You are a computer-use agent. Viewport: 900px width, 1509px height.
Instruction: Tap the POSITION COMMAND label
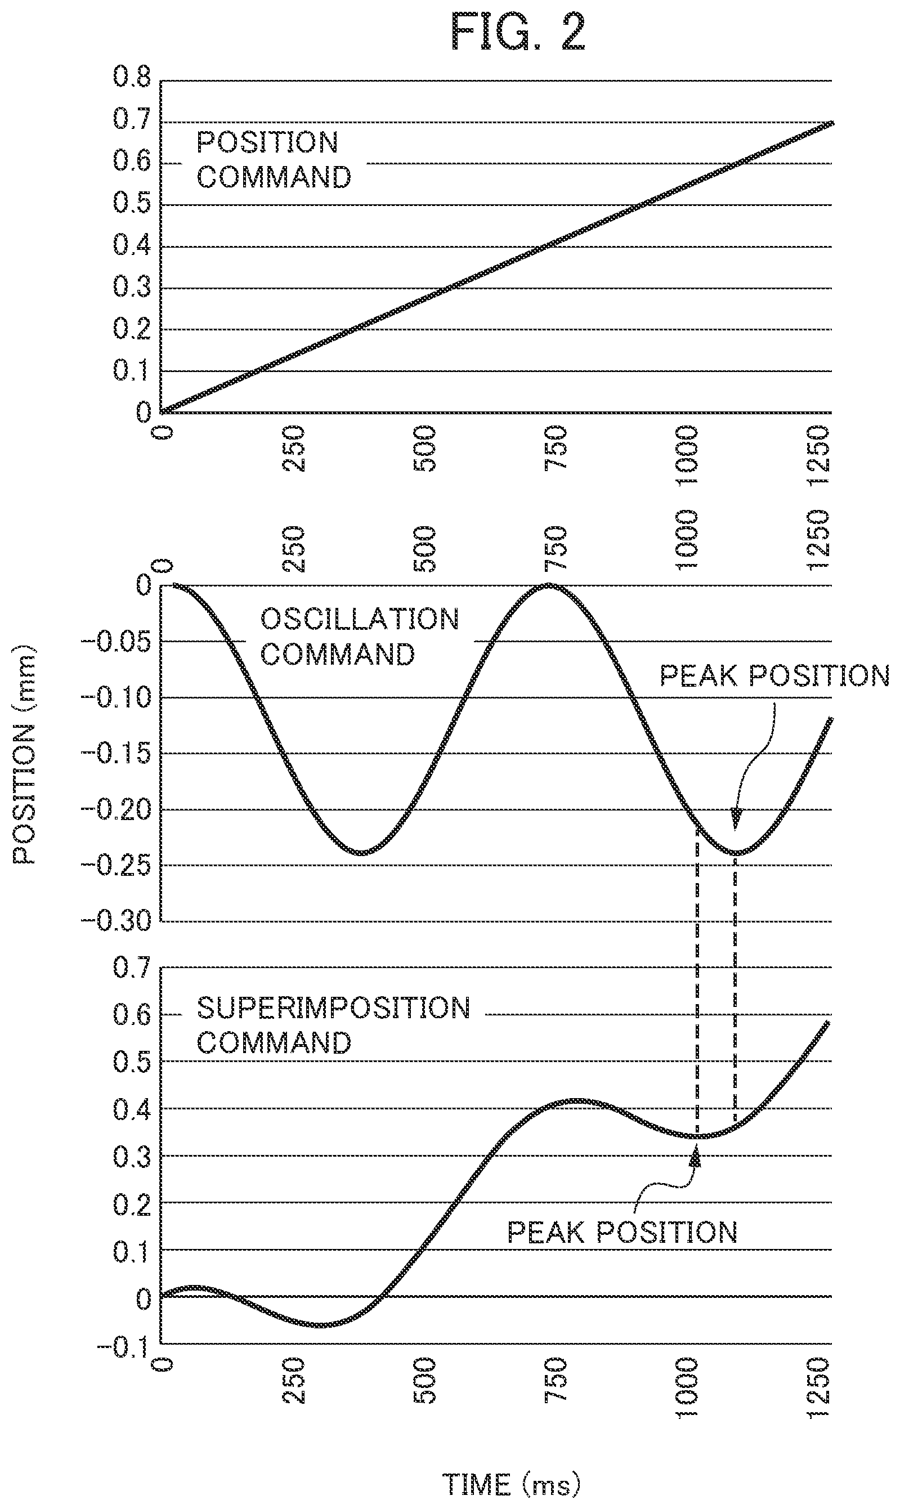(274, 160)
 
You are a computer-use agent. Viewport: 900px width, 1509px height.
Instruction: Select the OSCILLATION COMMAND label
(360, 637)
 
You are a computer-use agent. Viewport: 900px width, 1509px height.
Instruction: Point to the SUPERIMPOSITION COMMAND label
(334, 1026)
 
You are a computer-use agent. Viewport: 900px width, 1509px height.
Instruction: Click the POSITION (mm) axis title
(25, 754)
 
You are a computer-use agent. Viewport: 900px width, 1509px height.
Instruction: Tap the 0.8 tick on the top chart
(132, 78)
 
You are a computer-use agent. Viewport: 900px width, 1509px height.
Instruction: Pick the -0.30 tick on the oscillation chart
(116, 921)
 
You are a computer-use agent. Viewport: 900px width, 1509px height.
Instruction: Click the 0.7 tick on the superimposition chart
(132, 968)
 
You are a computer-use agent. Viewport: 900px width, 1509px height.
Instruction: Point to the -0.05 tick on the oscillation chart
(116, 642)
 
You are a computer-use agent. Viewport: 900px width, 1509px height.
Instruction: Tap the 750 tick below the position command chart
(556, 448)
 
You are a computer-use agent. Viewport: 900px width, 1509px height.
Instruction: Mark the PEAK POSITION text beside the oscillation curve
(774, 675)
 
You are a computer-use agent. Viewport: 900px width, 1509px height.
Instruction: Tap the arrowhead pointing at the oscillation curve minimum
(736, 819)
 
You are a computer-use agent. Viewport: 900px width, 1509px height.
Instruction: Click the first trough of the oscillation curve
(361, 852)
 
